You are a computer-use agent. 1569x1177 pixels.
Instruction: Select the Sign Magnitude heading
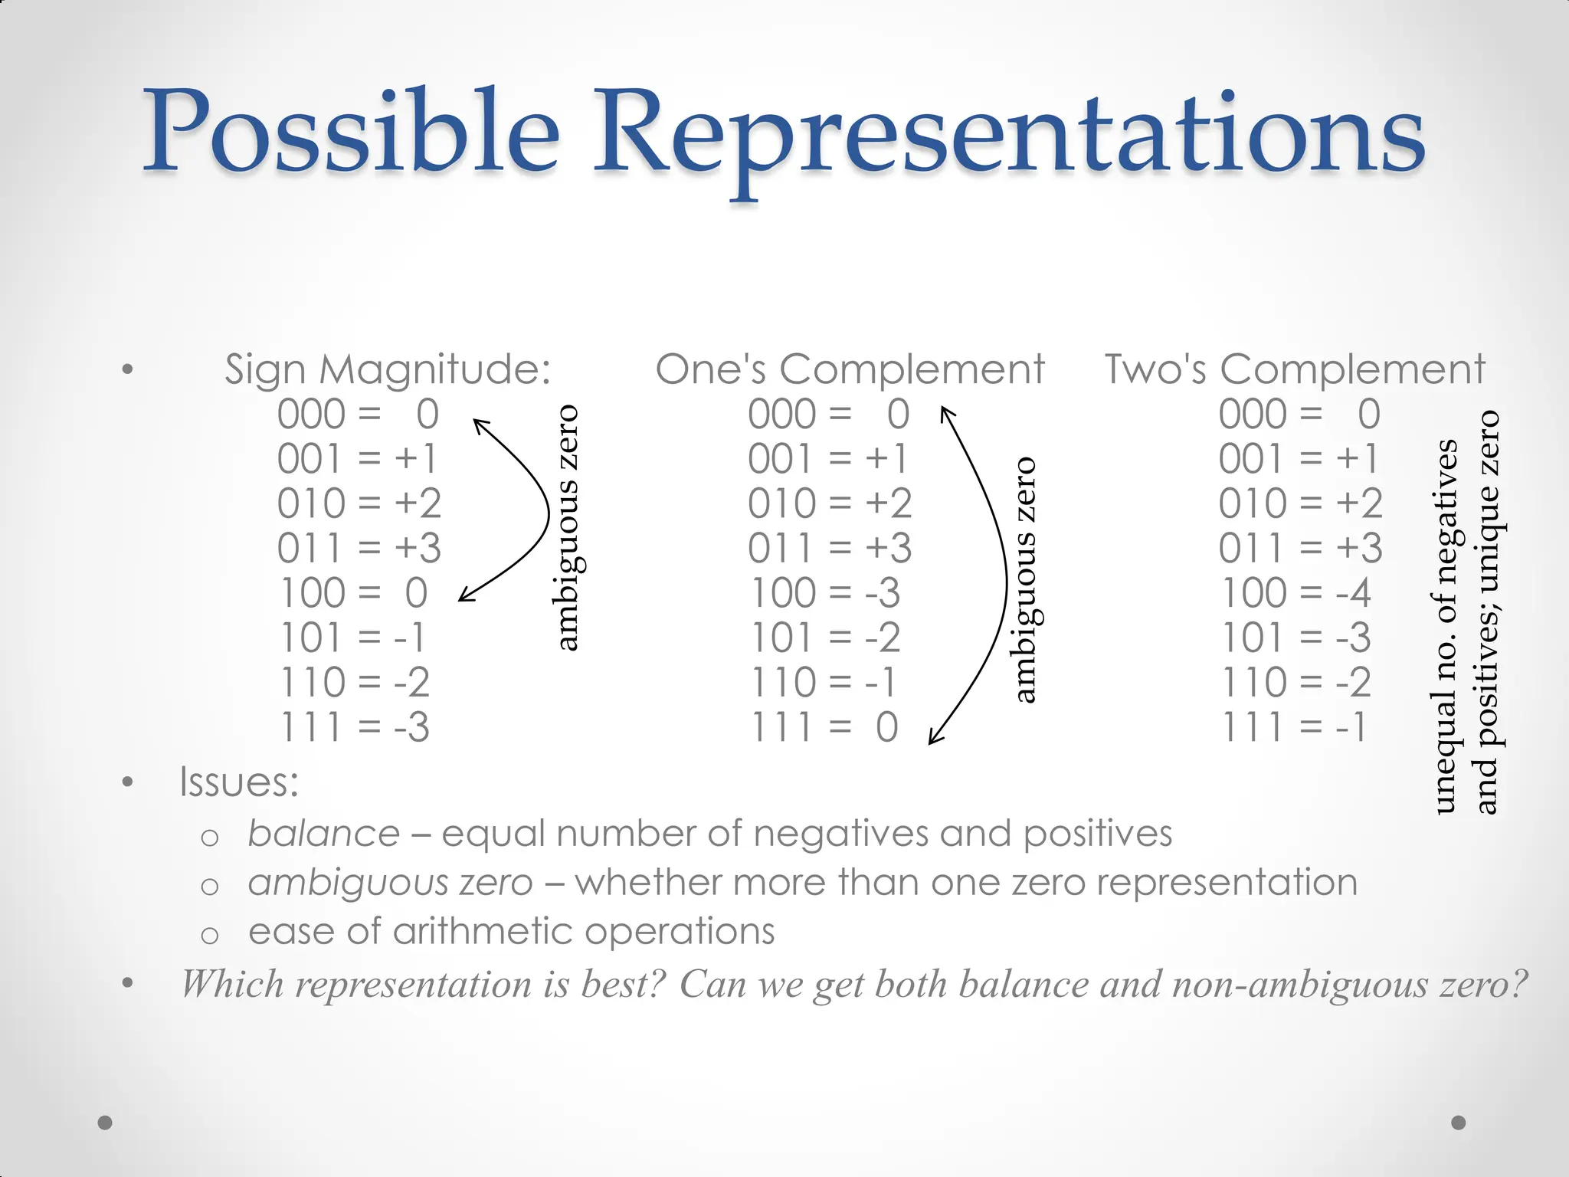(388, 369)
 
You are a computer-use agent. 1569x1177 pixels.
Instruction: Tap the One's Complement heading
(850, 369)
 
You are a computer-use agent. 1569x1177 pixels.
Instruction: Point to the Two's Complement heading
(1294, 369)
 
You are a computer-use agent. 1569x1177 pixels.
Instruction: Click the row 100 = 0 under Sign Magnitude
(353, 593)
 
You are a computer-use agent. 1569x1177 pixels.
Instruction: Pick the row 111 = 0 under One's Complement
(824, 727)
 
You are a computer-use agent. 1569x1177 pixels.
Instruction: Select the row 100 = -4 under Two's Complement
(1295, 593)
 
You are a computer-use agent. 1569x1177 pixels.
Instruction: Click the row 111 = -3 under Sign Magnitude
(354, 727)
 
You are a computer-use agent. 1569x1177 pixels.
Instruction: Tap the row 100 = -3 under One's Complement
(824, 593)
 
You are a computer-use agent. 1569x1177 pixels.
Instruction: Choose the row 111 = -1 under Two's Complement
(1292, 727)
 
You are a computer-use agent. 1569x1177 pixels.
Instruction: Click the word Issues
(239, 782)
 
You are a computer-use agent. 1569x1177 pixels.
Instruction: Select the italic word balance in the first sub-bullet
(323, 834)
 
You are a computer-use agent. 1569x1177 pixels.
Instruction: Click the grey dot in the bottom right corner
(1459, 1123)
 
